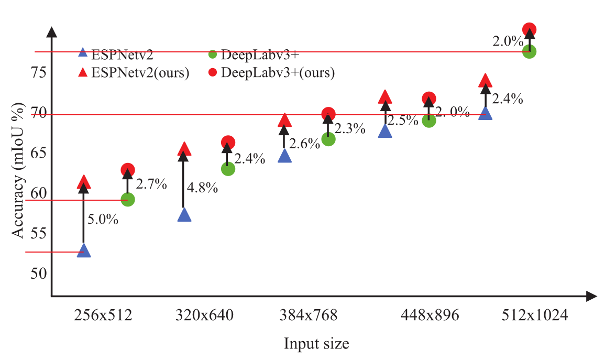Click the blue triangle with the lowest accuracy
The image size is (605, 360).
tap(84, 251)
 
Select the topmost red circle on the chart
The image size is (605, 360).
tap(529, 30)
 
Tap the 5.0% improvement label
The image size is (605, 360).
tap(103, 220)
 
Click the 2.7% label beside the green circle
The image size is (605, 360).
tap(151, 184)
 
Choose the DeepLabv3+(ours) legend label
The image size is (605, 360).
tap(278, 72)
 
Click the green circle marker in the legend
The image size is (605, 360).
tap(212, 54)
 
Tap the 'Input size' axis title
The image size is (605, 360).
tap(316, 344)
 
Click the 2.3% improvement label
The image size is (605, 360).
tap(349, 128)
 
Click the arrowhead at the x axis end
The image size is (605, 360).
tap(591, 297)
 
